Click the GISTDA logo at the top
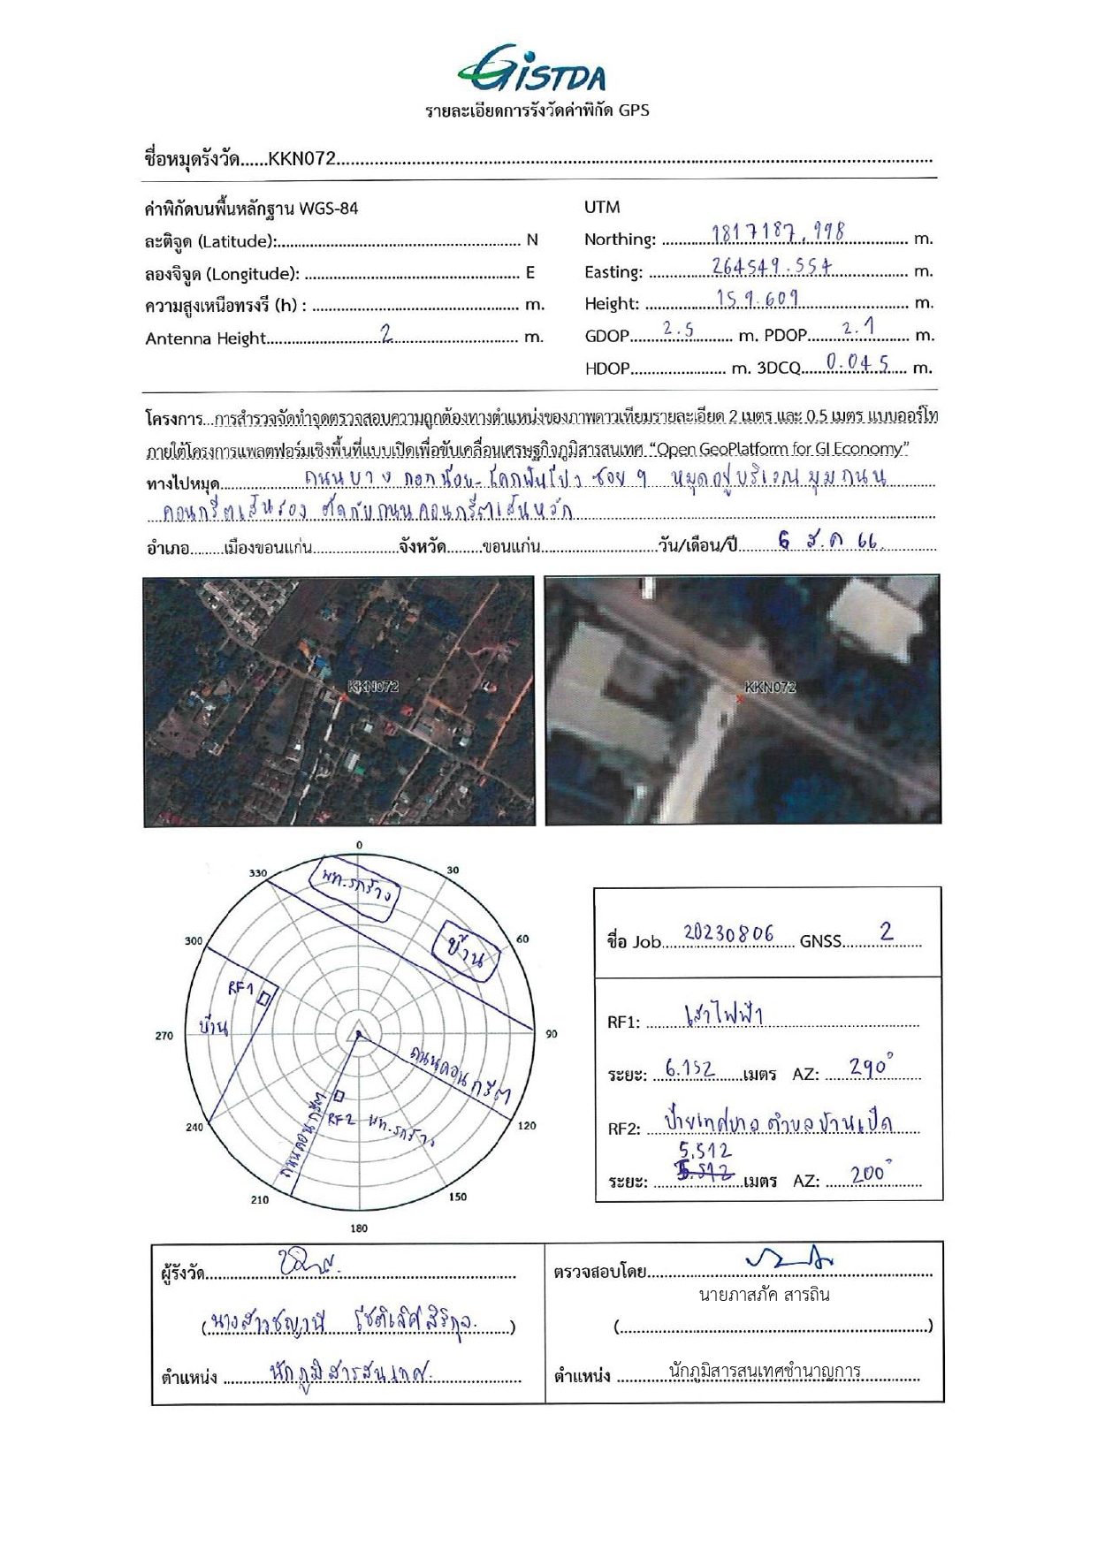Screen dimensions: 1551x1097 pos(533,69)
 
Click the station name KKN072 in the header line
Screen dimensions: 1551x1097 pos(301,159)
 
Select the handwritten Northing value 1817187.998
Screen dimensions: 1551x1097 pos(778,233)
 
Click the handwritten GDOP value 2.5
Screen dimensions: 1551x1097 pos(678,330)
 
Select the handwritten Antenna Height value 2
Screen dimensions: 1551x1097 pos(386,333)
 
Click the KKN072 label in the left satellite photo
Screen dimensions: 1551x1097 pos(373,687)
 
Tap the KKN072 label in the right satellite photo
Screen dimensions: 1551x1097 pos(770,687)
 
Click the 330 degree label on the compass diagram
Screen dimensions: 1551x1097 pos(257,873)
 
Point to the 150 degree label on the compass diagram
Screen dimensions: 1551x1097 pos(458,1197)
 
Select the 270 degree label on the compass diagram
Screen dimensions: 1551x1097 pos(164,1035)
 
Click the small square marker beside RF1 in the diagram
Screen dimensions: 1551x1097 pos(263,999)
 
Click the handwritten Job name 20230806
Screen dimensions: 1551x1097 pos(728,934)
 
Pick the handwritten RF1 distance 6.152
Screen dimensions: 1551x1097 pos(689,1069)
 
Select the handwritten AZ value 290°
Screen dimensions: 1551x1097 pos(870,1068)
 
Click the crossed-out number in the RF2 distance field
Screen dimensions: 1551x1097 pos(705,1173)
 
